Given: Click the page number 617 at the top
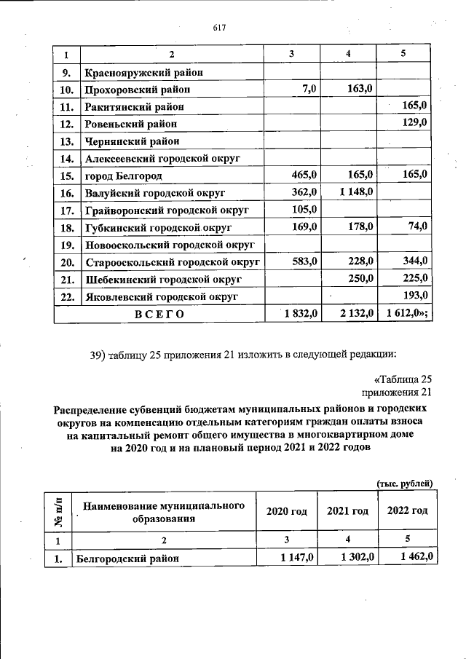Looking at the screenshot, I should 220,28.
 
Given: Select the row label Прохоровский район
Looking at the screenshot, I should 138,90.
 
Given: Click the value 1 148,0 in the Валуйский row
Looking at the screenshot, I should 355,192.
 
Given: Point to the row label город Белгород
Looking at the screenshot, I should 123,175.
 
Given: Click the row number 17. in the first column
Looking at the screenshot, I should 68,210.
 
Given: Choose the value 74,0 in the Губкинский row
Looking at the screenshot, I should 417,226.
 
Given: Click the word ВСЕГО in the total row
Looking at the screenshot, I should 159,314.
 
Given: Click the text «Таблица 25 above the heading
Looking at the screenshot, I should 403,379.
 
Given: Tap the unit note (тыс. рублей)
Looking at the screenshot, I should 405,483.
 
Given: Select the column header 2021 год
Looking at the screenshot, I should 347,510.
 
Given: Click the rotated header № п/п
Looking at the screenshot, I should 56,511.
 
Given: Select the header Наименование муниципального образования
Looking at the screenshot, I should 163,511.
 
